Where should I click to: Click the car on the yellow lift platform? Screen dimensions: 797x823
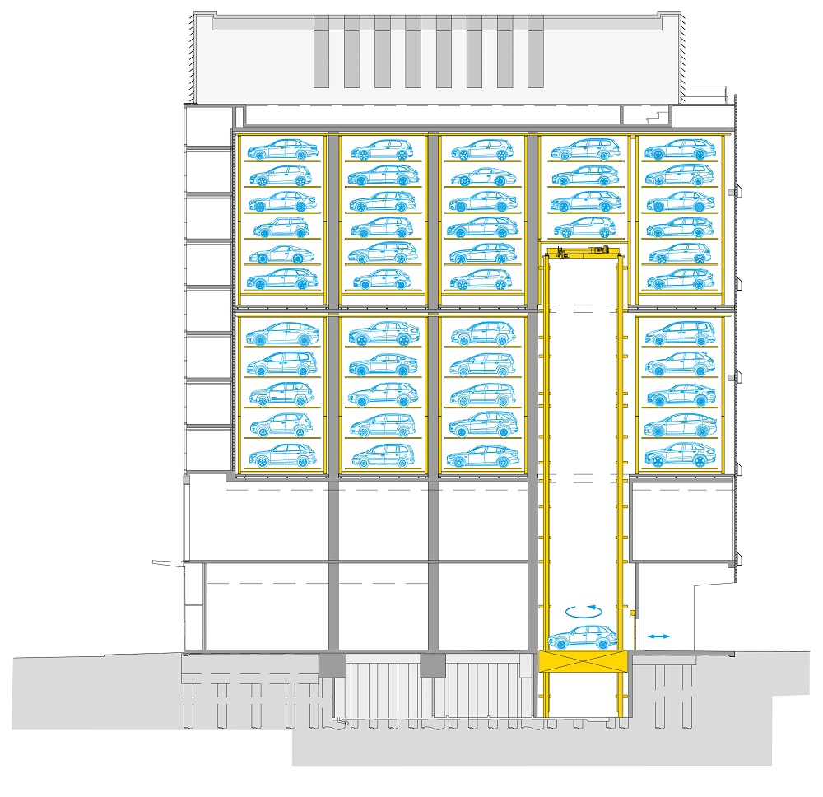coord(582,637)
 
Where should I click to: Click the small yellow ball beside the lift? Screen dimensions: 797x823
coord(632,613)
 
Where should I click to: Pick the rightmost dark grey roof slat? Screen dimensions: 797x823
coord(535,51)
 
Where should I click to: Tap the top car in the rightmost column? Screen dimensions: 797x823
coord(679,149)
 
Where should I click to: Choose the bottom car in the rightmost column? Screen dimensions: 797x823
coord(679,456)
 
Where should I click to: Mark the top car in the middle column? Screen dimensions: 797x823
coord(481,149)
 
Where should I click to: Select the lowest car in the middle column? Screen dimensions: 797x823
coord(481,456)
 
